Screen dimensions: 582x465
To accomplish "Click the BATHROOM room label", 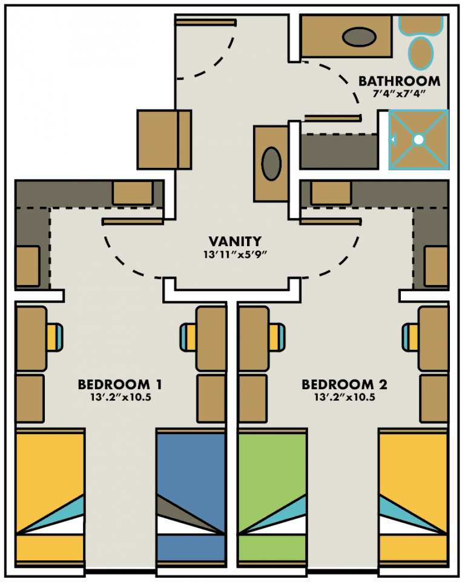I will (x=399, y=81).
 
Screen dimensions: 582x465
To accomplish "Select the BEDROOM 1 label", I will (x=119, y=384).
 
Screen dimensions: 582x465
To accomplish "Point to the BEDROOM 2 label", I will (x=345, y=384).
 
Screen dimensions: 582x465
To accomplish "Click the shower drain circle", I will (x=418, y=139).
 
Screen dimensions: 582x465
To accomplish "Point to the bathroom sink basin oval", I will (x=355, y=37).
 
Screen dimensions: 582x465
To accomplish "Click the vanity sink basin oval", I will (x=271, y=163).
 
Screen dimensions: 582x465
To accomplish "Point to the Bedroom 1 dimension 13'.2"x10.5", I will (x=119, y=398).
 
